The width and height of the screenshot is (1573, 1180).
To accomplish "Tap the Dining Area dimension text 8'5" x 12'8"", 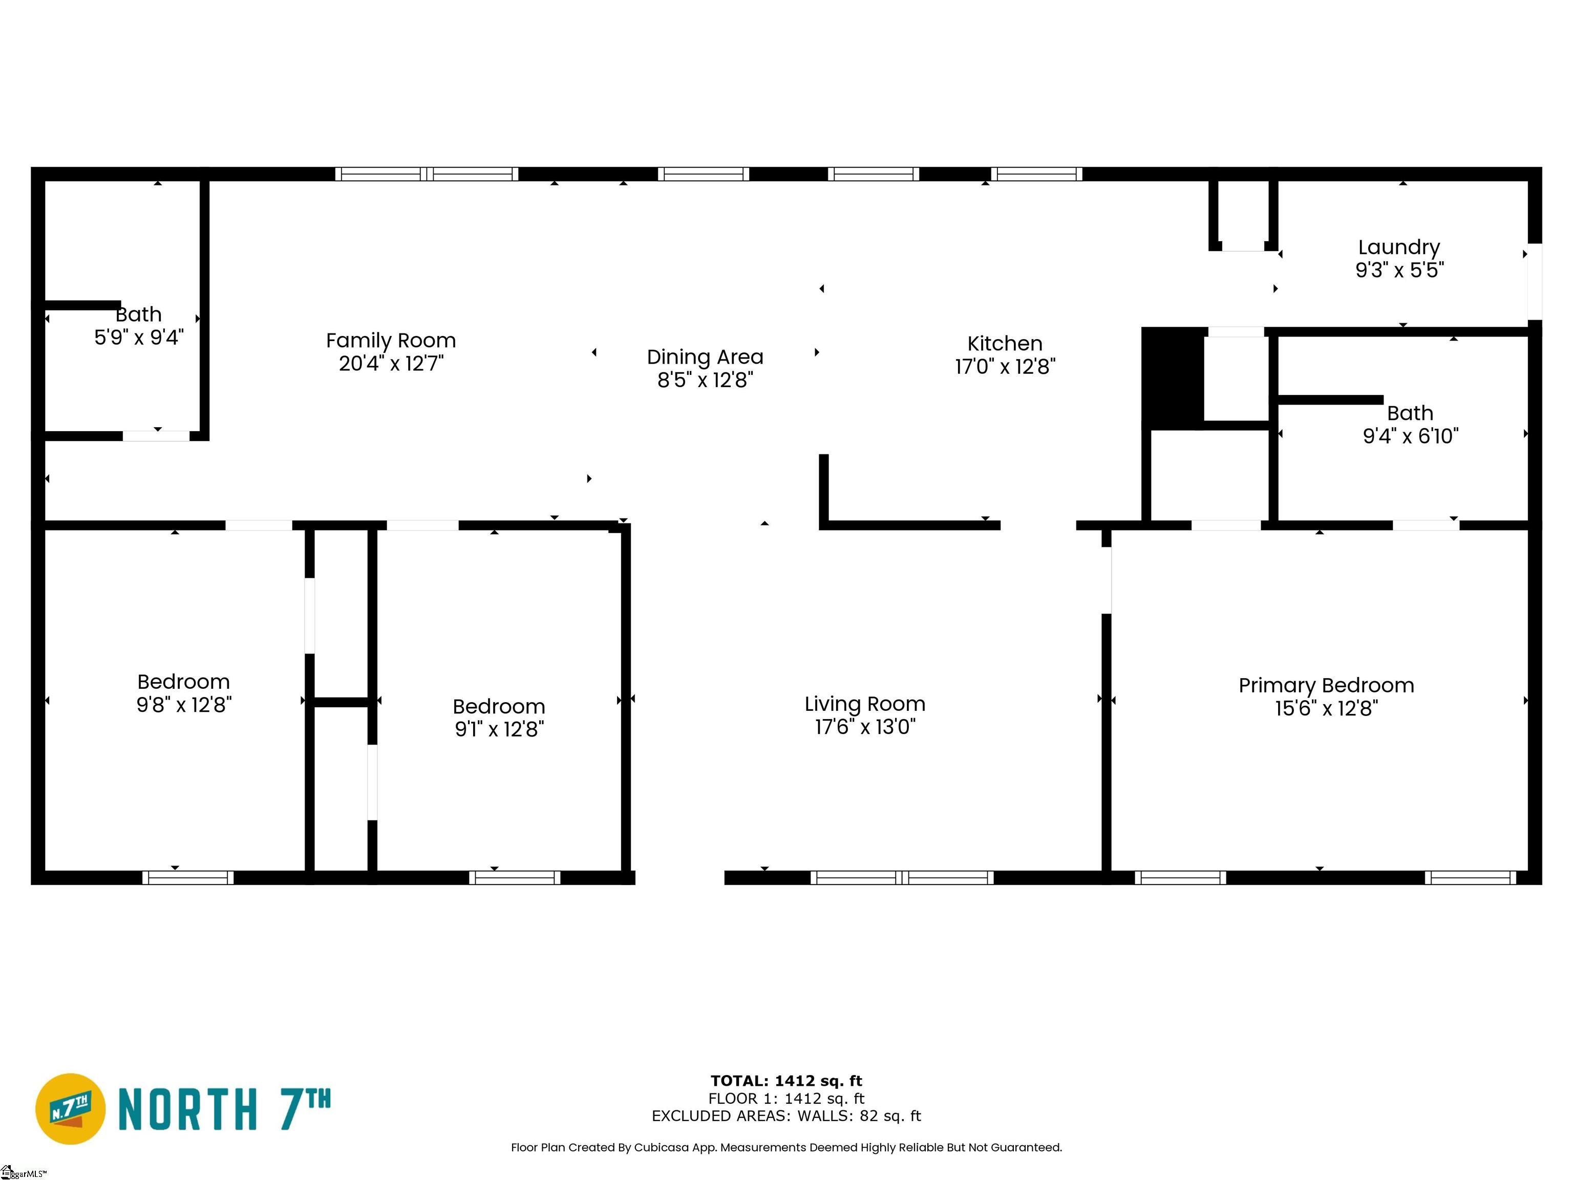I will tap(704, 380).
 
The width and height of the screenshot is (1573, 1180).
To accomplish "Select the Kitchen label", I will tap(1004, 344).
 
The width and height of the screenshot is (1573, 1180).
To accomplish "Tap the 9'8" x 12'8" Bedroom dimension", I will tap(183, 704).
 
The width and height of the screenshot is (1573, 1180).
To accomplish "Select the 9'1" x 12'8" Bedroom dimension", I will tap(499, 729).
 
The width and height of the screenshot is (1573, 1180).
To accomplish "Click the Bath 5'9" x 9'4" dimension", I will tap(139, 337).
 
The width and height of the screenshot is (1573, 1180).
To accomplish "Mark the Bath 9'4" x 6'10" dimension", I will tap(1410, 435).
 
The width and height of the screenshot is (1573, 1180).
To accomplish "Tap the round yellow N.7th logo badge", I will tap(70, 1109).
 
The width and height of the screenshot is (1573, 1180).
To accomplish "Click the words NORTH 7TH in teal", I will tap(224, 1109).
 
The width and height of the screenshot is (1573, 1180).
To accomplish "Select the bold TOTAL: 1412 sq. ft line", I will tap(786, 1081).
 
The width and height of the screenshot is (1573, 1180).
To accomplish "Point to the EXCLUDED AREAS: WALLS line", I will tap(786, 1116).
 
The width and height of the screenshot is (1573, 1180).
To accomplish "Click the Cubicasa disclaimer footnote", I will tap(786, 1147).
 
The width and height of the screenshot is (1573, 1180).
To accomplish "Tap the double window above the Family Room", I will tap(427, 174).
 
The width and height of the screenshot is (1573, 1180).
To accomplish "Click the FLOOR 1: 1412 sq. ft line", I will tap(786, 1098).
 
